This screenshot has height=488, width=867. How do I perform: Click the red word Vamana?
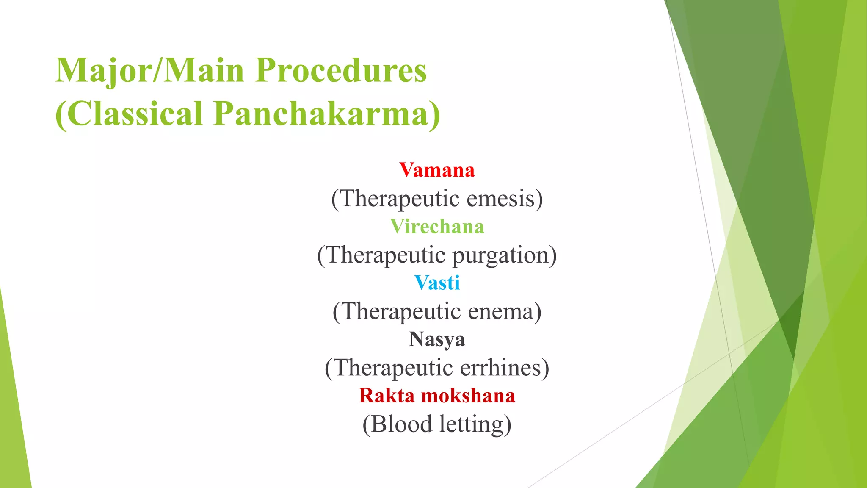437,170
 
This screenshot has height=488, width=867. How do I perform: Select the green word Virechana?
437,227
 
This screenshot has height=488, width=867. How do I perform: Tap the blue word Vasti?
437,283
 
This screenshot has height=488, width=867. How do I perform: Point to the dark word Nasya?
437,340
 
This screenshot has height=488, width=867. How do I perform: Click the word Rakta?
387,396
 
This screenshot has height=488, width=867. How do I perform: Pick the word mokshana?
468,396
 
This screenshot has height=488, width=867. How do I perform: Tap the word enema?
504,312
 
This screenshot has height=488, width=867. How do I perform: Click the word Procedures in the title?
341,70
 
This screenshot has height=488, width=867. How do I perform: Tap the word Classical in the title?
130,114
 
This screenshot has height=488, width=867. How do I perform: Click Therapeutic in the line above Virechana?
395,199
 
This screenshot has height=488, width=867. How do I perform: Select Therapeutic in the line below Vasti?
396,312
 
